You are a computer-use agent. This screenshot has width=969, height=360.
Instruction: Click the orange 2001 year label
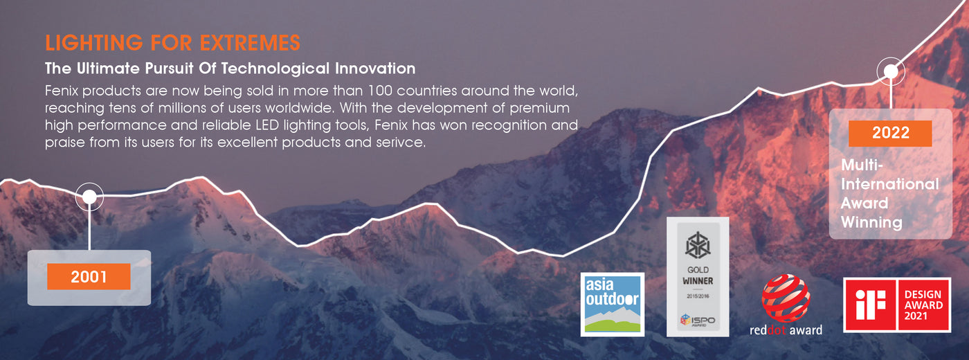point(89,276)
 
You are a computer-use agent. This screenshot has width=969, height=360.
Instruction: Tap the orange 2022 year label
point(890,133)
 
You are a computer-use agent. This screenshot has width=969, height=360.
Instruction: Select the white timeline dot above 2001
point(89,197)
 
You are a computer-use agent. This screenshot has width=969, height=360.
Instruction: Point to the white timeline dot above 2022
point(891,71)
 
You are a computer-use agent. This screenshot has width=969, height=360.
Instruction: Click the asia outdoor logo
point(612,304)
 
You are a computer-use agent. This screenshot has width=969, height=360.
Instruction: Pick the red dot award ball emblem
point(786,298)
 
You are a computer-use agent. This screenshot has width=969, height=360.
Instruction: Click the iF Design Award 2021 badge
point(897,305)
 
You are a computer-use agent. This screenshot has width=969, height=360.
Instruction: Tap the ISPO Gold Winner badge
point(698,277)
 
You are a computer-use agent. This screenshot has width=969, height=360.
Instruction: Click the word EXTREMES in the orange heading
point(250,43)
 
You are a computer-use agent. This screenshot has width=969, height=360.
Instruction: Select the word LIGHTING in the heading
point(94,43)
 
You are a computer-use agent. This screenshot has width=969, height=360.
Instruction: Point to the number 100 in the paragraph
point(380,91)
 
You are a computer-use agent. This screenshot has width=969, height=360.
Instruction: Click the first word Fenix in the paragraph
point(62,91)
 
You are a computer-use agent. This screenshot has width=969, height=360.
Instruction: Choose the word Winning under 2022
point(871,222)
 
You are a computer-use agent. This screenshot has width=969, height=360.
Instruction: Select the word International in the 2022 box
point(890,184)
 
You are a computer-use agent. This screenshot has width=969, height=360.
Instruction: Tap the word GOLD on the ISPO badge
point(698,269)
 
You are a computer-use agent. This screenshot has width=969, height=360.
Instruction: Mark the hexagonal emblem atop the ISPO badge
point(698,245)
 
